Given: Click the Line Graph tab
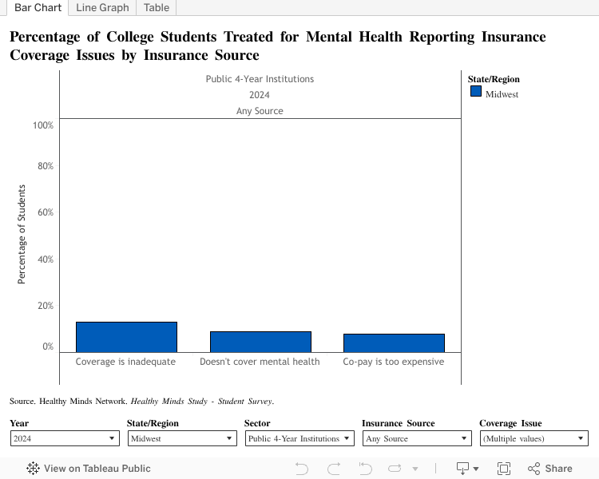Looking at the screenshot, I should pos(102,8).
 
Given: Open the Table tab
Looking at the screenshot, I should pos(156,8).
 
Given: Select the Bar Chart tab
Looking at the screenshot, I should pos(38,8).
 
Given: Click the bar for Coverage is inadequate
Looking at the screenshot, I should pos(126,337).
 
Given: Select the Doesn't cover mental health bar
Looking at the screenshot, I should pos(260,342).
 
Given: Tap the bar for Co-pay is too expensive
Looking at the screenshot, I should pos(394,343).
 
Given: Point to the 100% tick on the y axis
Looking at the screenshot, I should pos(43,125).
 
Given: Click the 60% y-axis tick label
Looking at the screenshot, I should pos(45,212).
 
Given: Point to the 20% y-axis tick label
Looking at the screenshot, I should pos(45,306).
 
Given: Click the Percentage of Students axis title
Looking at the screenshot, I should pos(22,235).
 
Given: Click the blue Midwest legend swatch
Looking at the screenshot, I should pos(476,92).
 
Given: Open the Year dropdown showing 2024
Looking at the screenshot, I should pos(65,438).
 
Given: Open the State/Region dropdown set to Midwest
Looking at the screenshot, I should pos(182,438).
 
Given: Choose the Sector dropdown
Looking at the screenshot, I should pos(299,438).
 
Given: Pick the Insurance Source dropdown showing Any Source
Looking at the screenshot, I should pos(417,438).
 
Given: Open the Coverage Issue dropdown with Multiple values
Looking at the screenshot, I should pos(534,438).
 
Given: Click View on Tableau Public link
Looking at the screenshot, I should pos(89,469).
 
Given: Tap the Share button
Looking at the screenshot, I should pos(550,469).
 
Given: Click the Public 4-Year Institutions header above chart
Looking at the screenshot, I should pos(260,79).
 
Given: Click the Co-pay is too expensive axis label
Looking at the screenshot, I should pos(394,362).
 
